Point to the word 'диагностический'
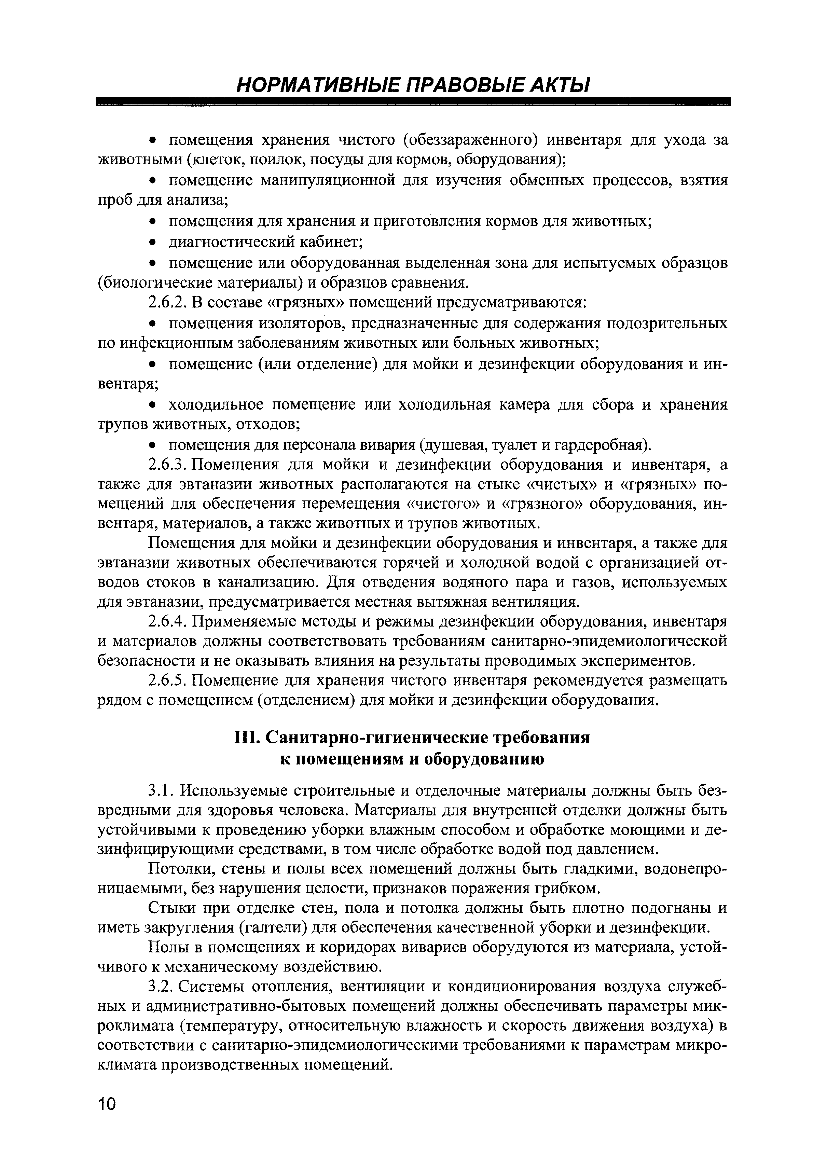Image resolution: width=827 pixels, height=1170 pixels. (232, 242)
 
